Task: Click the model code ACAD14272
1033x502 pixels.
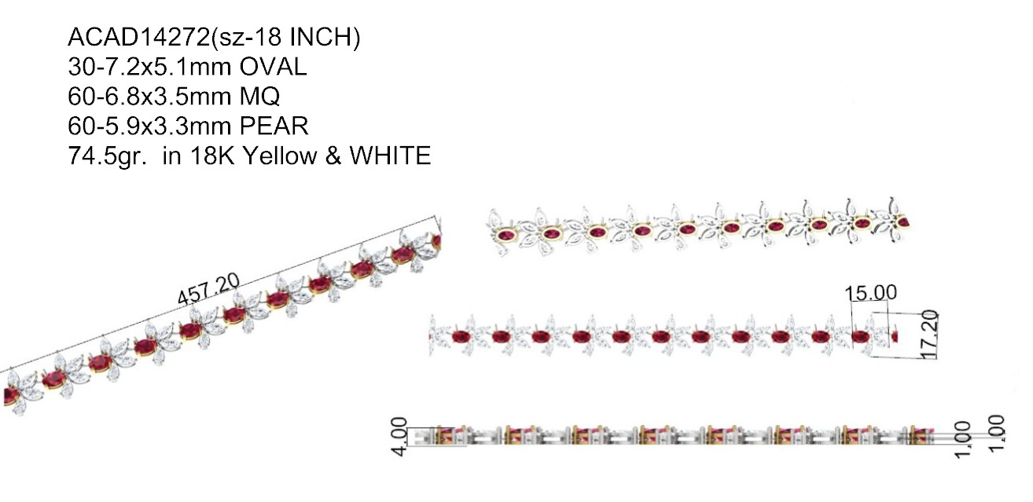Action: (139, 37)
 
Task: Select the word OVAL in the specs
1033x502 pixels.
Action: (273, 66)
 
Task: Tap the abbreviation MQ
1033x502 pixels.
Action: (259, 96)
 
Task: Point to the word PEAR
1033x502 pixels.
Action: (274, 126)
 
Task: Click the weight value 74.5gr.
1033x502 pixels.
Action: (108, 156)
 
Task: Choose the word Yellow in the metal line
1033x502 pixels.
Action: (280, 156)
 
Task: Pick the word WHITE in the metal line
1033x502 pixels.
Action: (390, 156)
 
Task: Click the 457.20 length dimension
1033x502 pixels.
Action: (209, 289)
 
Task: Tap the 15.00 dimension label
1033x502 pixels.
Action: (871, 293)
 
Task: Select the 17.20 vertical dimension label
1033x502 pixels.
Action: (930, 335)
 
